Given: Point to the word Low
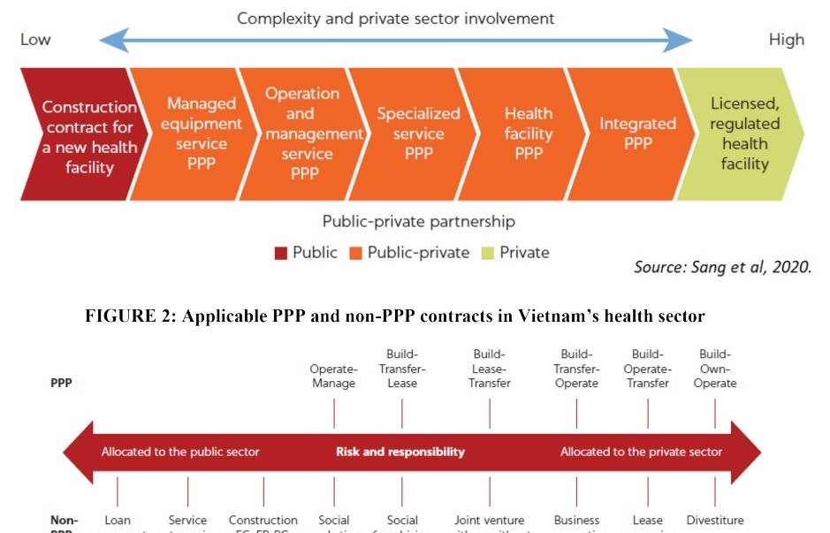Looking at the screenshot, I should tap(35, 40).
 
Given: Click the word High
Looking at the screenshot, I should tap(786, 40).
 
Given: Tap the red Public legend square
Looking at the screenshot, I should tap(281, 253).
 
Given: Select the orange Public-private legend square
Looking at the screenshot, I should tap(356, 253).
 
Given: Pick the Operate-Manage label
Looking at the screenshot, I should tap(333, 377).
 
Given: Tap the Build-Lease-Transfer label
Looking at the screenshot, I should tap(489, 369).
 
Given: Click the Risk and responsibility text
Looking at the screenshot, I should tap(400, 452).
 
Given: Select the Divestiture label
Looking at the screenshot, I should tap(714, 520).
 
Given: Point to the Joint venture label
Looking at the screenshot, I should tap(489, 520).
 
